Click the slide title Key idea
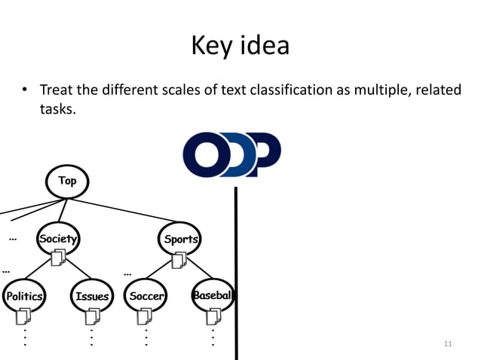(240, 45)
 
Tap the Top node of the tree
(68, 181)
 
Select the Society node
(58, 238)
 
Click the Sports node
(181, 239)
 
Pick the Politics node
(23, 296)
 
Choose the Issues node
(92, 296)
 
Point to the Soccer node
(146, 296)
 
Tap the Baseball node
(212, 295)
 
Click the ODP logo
(231, 153)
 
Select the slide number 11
(448, 344)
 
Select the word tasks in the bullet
(57, 110)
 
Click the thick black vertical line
(236, 271)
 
